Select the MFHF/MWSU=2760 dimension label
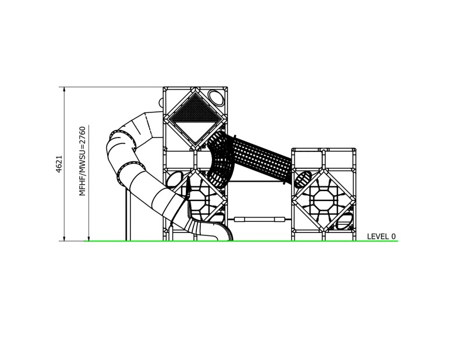coord(83,160)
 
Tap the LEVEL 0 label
coord(381,237)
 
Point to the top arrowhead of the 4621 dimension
coord(63,89)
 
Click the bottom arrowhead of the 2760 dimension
coord(88,238)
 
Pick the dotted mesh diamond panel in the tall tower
coord(195,115)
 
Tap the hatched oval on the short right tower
coord(303,178)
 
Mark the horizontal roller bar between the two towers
coord(259,219)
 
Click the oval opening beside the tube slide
coord(172,181)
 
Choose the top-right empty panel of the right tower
coord(339,158)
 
